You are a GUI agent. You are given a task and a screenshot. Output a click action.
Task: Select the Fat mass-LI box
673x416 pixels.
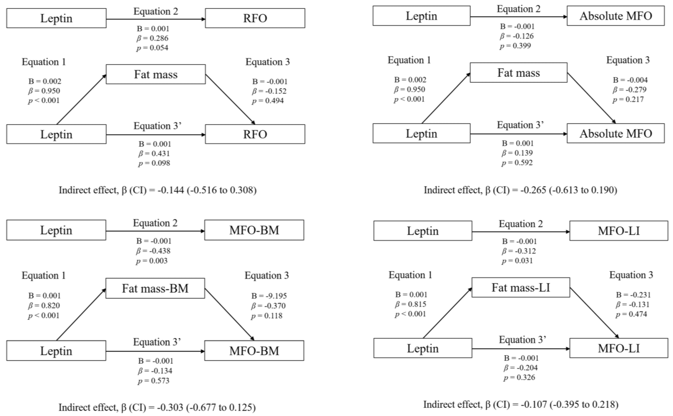click(521, 288)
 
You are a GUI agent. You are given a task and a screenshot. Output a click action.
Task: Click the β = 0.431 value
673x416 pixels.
click(154, 154)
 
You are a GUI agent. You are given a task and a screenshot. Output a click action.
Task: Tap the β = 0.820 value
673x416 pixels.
click(44, 305)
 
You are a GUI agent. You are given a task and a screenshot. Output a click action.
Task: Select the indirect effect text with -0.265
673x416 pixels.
click(520, 190)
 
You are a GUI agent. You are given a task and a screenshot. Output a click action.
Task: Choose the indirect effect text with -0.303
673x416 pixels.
click(157, 407)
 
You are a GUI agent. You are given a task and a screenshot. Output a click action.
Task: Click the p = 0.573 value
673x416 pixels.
click(154, 381)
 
